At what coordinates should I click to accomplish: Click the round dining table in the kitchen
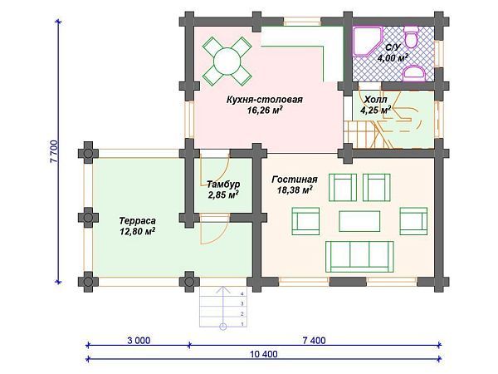pos(227,61)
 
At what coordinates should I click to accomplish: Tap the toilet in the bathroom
pos(411,36)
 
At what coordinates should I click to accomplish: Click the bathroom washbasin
pos(413,73)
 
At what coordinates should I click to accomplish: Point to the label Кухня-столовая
pos(264,100)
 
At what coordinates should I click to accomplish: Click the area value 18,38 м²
pos(295,189)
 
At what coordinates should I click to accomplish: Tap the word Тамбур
pos(223,185)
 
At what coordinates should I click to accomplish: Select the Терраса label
pos(137,221)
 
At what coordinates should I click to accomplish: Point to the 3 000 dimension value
pos(139,340)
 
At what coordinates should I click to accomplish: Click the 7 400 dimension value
pos(314,340)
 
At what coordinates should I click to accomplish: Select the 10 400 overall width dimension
pos(264,354)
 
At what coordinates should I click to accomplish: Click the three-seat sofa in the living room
pos(359,256)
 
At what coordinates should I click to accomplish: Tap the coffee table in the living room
pos(359,221)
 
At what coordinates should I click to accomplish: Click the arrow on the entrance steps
pos(223,308)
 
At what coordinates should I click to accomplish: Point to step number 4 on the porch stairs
pos(242,294)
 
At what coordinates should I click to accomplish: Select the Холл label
pos(375,100)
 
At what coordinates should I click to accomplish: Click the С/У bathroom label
pos(393,47)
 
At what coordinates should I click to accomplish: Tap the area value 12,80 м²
pos(137,231)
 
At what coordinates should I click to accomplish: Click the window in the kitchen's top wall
pos(302,22)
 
